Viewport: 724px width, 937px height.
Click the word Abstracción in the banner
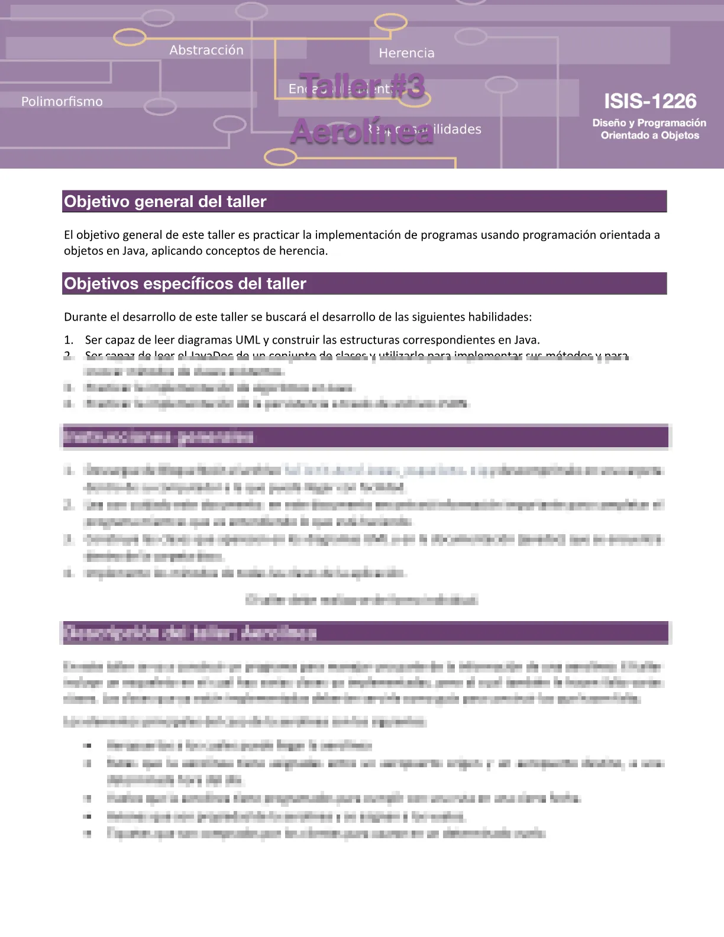point(206,50)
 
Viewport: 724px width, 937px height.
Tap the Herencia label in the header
point(406,53)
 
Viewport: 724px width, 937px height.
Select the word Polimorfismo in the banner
point(62,102)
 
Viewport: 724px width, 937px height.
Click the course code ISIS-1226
point(649,101)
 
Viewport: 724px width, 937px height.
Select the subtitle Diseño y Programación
point(649,123)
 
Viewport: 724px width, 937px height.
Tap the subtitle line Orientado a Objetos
point(649,135)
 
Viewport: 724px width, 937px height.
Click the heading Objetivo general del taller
point(165,202)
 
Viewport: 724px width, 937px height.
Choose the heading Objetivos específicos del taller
point(185,284)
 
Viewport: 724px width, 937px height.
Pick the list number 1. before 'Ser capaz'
point(69,340)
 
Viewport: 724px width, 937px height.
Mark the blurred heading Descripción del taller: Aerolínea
point(190,633)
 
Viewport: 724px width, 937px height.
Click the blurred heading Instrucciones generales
point(159,437)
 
